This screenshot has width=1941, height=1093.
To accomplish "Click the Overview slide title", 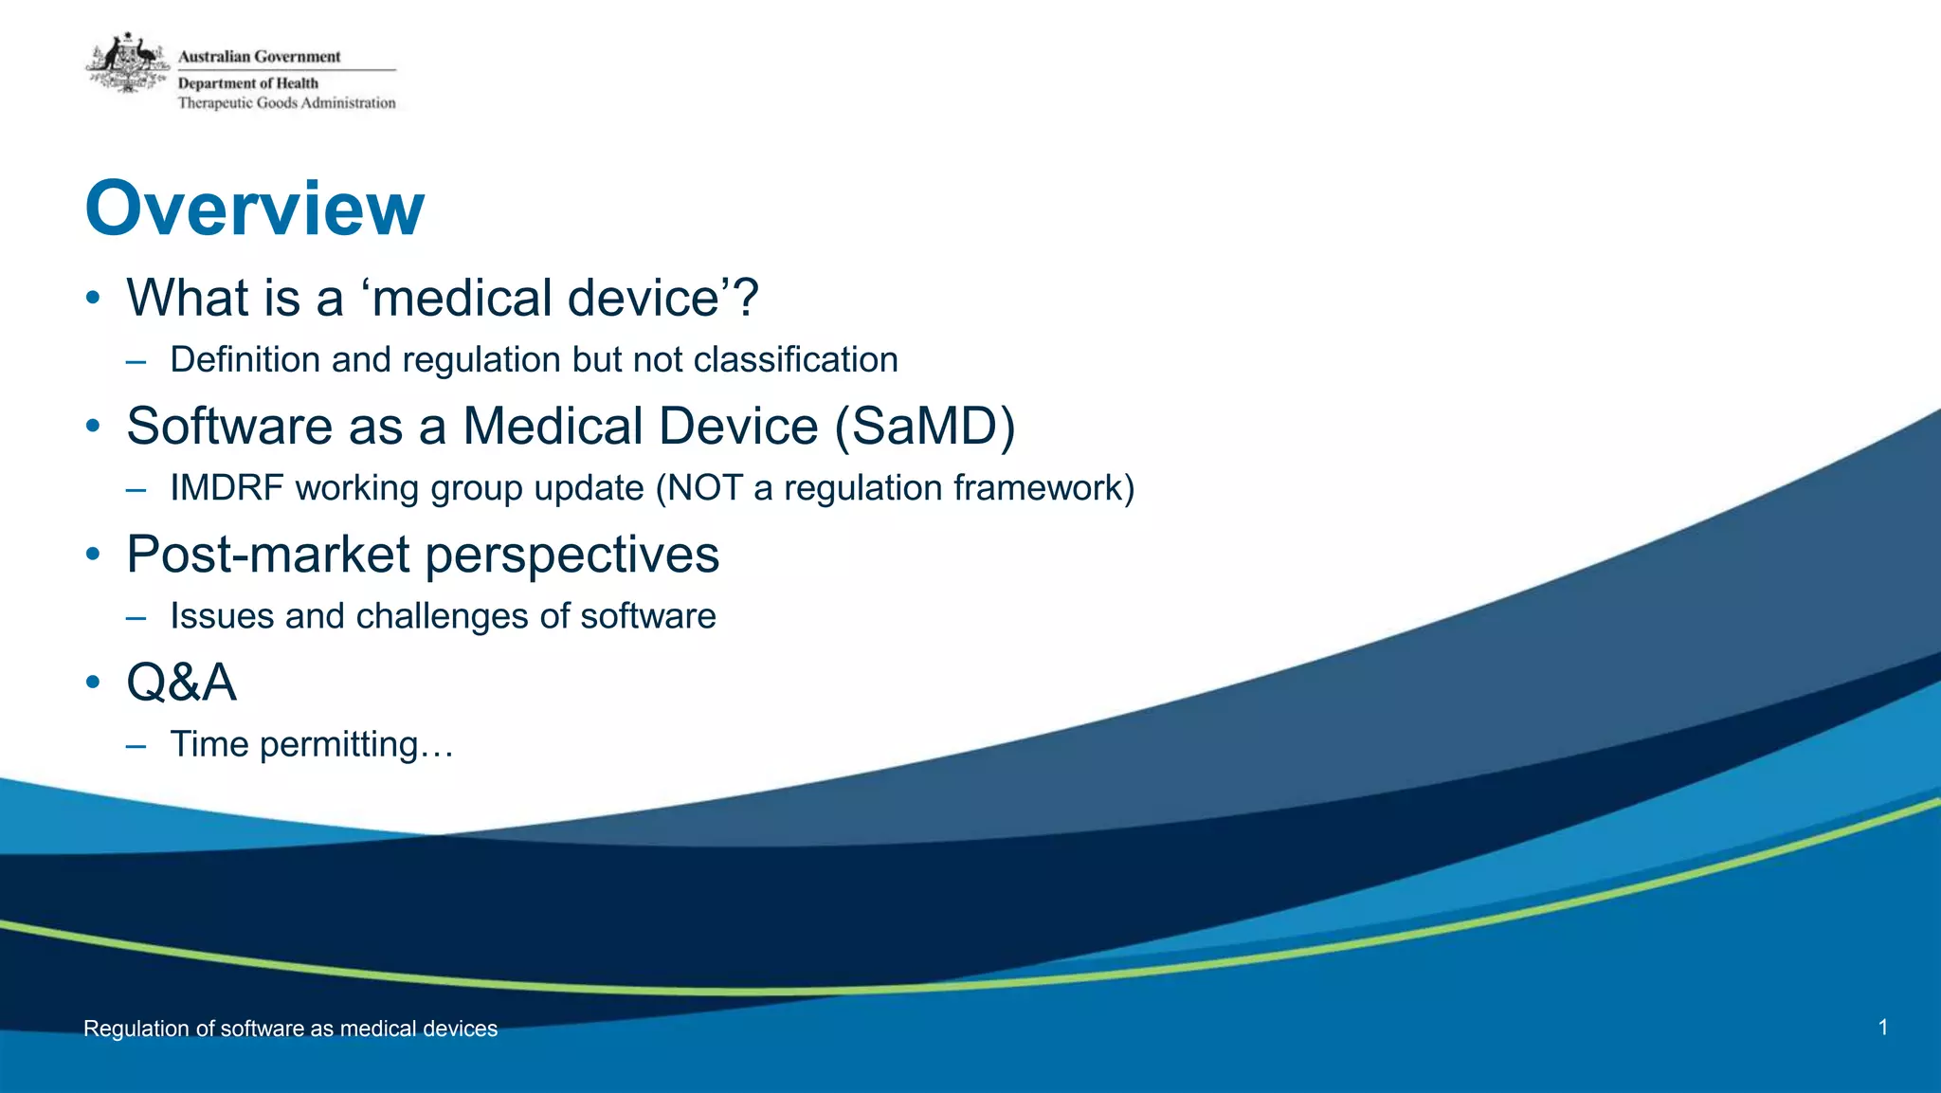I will tap(254, 209).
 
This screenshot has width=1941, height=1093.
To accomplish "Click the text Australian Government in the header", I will tap(259, 57).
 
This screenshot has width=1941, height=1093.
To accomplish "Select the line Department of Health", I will tap(248, 83).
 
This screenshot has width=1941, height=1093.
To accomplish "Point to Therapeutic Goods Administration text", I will tap(286, 103).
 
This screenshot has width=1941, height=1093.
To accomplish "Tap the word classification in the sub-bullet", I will tap(795, 360).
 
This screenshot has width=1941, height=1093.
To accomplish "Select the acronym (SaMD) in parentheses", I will tap(925, 426).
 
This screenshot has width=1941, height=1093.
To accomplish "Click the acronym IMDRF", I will tap(227, 488).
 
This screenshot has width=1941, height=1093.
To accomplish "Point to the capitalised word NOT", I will tap(704, 488).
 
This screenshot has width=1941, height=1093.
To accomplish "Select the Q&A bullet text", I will tap(181, 683).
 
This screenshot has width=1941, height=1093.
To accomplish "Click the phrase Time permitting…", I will tap(312, 745).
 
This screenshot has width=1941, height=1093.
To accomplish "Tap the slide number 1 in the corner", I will tap(1882, 1028).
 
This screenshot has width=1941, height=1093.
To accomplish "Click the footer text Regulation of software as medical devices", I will tap(290, 1029).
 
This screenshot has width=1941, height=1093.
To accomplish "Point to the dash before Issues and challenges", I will tap(136, 618).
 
